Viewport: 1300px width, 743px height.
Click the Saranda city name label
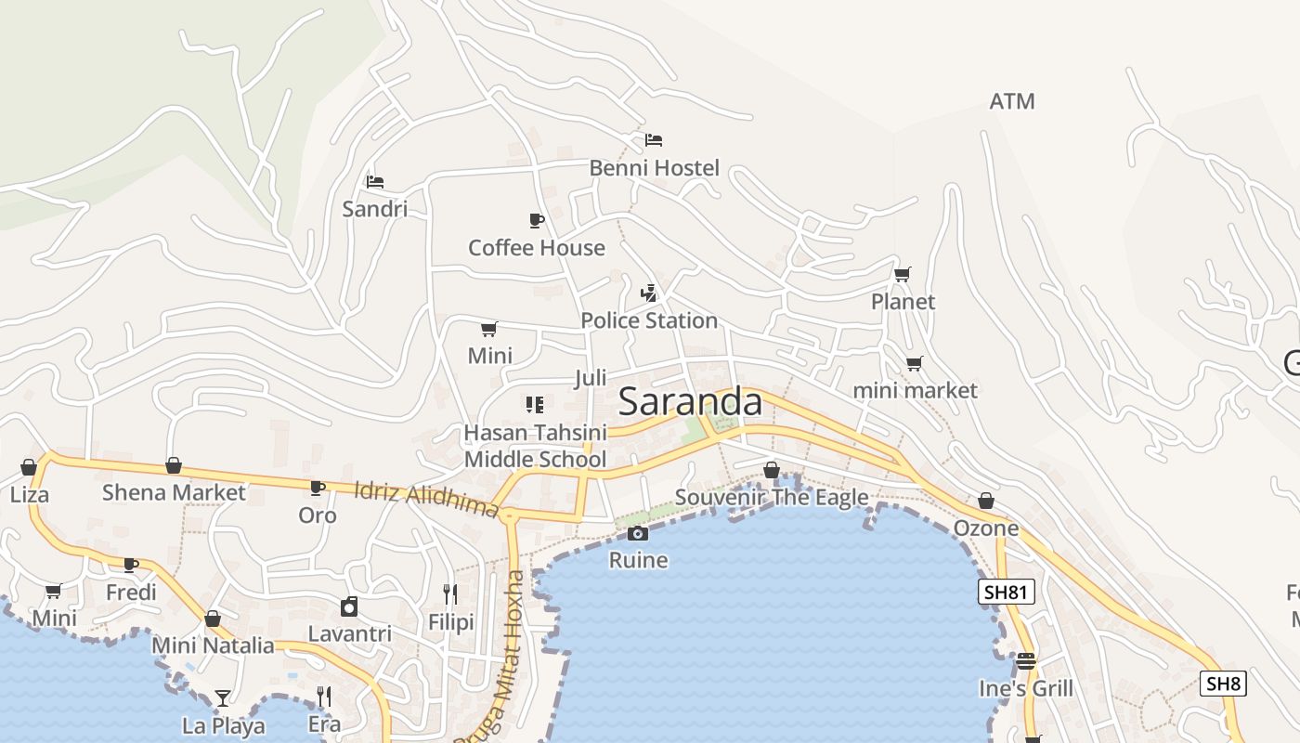pos(690,402)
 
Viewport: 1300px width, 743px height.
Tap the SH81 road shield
pos(1007,592)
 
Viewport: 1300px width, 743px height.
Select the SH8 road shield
pos(1222,684)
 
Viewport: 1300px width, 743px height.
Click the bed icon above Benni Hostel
pos(654,140)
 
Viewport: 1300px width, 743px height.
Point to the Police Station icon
pos(649,293)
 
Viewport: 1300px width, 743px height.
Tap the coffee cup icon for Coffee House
pos(536,220)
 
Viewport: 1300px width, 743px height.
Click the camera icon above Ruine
pos(637,533)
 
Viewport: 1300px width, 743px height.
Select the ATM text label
pos(1011,101)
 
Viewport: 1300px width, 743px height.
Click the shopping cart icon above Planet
pos(902,274)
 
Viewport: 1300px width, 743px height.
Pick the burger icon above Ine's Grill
pos(1025,661)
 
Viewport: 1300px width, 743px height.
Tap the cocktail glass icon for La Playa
pos(223,697)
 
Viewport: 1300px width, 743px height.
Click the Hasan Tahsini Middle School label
pos(535,446)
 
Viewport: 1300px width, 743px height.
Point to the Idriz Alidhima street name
pos(426,500)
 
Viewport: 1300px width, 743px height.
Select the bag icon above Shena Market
pos(174,465)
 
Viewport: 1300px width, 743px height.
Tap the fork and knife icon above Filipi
pos(450,594)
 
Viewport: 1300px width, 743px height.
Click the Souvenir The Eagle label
pos(771,497)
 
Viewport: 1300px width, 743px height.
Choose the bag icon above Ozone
pos(986,502)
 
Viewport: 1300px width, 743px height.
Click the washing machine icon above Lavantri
pos(349,606)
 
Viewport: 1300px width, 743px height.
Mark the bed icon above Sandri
pos(374,181)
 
